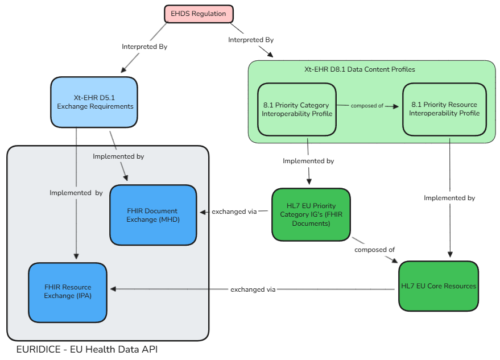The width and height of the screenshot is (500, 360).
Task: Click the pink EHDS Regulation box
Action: point(199,14)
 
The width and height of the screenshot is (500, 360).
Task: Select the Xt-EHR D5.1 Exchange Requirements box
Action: point(94,102)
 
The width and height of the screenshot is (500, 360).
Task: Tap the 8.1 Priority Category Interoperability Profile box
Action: point(296,109)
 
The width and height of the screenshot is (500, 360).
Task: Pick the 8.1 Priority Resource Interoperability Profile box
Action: point(444,109)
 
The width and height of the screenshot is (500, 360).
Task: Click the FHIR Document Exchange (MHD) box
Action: point(152,215)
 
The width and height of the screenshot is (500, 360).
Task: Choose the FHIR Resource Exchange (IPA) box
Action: point(68,291)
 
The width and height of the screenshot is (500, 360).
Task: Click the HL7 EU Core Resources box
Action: point(438,286)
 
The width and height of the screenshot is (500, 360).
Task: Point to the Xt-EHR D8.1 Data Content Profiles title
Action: point(359,69)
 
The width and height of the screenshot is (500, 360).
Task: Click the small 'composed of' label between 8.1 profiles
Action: point(367,106)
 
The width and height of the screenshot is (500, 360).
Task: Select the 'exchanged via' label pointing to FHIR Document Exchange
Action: point(234,212)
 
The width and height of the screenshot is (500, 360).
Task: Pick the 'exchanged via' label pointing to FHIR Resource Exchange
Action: point(253,289)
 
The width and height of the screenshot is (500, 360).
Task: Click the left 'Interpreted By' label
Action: point(144,47)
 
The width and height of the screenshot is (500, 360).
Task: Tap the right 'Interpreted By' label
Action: point(251,40)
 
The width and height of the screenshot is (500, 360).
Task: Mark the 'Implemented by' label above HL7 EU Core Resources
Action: point(449,198)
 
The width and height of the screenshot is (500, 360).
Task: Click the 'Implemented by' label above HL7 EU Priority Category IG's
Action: point(308,161)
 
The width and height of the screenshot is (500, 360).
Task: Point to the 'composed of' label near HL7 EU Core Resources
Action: point(374,250)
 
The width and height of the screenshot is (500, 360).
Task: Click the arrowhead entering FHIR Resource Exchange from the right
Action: point(113,289)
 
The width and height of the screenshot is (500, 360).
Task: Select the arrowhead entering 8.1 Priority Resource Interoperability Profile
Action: point(399,106)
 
